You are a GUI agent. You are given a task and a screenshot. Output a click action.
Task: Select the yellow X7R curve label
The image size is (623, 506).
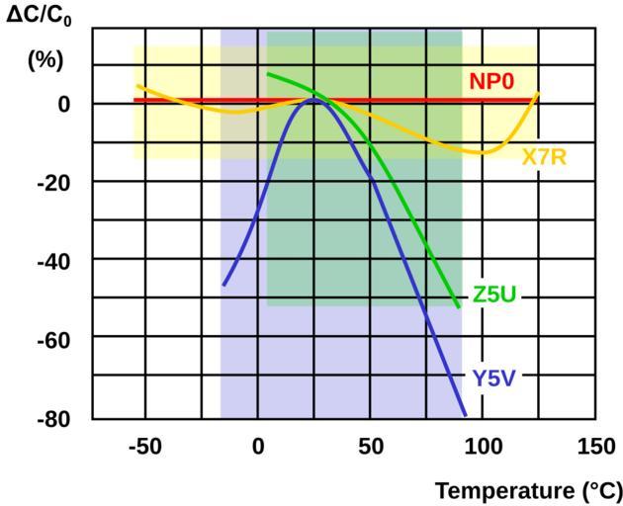[544, 157]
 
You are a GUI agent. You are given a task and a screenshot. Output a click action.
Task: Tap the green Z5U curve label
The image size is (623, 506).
[494, 295]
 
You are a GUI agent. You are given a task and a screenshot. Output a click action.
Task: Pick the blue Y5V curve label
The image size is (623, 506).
[494, 377]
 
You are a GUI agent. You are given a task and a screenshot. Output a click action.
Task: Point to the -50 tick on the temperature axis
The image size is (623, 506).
[144, 447]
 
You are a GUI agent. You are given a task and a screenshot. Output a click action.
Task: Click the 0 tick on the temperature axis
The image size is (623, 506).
[258, 447]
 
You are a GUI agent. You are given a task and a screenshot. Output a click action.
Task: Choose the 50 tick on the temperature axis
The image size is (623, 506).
[370, 447]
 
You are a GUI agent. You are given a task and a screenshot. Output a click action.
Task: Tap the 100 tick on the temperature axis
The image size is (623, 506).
[483, 447]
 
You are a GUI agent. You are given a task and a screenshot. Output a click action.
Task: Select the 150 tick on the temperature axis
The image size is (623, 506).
[595, 447]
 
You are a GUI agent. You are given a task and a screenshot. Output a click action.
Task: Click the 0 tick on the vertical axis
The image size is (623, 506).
[62, 104]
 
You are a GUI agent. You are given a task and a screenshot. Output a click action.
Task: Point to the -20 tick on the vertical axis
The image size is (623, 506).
[56, 182]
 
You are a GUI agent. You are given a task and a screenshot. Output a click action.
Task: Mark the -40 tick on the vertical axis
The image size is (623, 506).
[56, 260]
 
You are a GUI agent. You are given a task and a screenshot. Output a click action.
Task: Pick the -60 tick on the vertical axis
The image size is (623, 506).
[56, 338]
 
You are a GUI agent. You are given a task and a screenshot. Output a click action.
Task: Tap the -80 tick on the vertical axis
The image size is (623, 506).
[56, 417]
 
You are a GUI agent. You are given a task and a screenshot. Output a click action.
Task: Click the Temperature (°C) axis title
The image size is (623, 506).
[529, 490]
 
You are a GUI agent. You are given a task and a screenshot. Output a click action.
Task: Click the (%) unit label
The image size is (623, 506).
[44, 59]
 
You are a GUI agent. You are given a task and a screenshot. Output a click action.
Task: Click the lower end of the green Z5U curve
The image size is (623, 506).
[459, 307]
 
